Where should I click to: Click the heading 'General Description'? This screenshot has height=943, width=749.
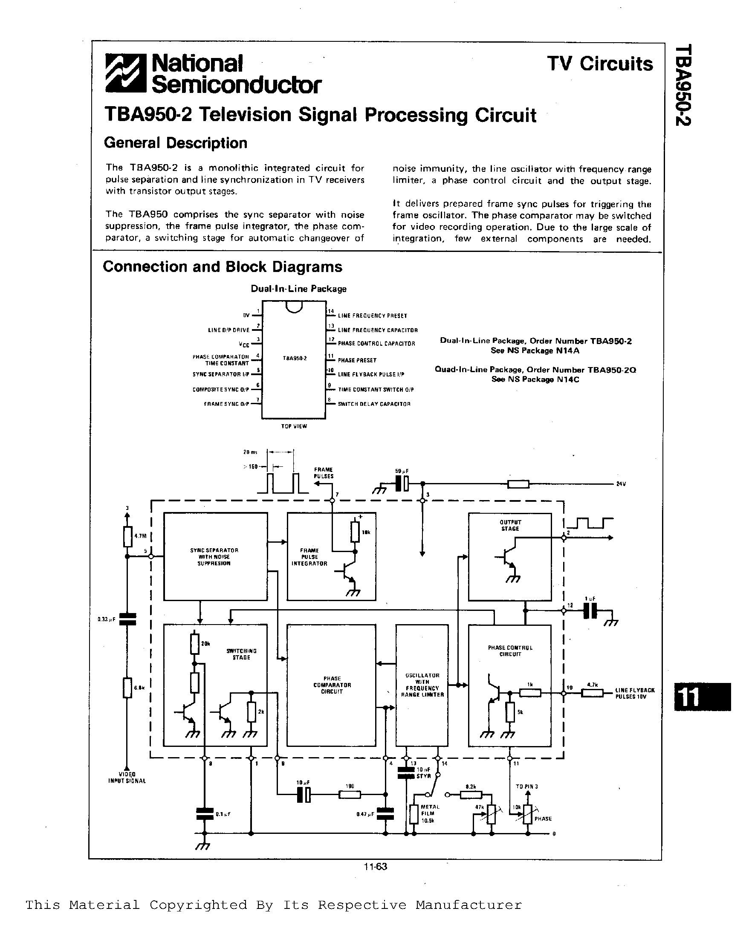175,143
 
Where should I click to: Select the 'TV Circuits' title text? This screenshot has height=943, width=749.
600,64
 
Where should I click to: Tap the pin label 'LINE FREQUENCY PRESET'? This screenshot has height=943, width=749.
372,316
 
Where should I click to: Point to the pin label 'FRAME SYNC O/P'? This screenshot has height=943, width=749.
226,404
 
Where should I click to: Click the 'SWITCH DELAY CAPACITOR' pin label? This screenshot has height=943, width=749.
374,404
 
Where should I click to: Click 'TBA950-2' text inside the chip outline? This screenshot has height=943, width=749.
294,358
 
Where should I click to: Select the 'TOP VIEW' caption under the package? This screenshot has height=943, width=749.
294,426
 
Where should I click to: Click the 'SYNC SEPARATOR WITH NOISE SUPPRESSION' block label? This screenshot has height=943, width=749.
214,557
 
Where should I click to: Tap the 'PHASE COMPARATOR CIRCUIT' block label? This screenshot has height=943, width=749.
332,685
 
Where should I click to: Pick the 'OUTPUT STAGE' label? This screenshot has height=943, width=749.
510,525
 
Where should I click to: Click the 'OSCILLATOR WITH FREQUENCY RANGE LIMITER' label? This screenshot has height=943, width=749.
422,685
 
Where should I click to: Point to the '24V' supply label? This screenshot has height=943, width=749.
621,484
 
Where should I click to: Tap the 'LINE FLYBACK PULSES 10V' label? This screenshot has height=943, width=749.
635,693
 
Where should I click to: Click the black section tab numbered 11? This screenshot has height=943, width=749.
702,697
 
